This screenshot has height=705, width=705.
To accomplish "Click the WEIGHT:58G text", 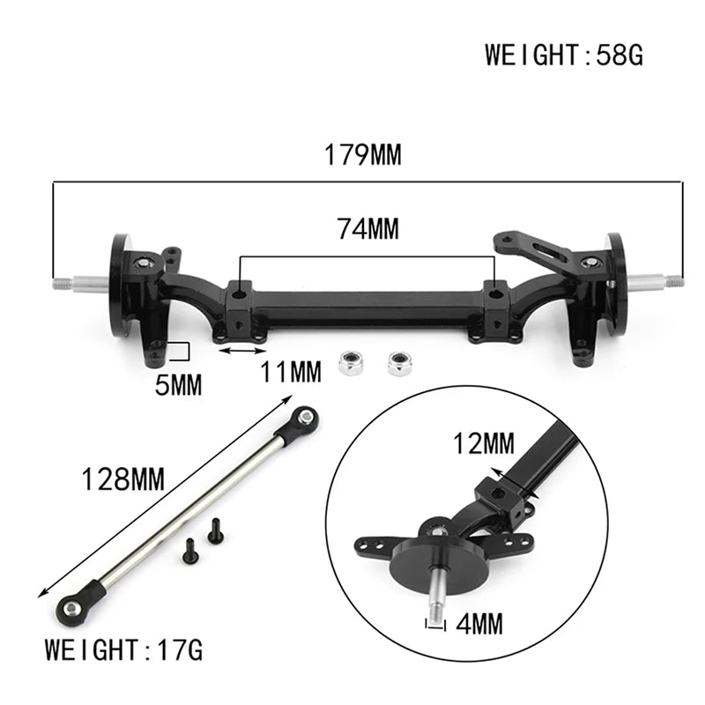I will [x=564, y=55].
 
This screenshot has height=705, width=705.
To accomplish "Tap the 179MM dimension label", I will [x=362, y=156].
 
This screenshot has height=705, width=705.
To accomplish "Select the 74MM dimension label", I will [x=367, y=229].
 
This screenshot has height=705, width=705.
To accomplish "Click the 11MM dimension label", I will [x=291, y=373].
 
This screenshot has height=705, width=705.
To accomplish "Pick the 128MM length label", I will [x=122, y=480].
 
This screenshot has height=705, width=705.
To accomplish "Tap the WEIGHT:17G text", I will [x=124, y=651].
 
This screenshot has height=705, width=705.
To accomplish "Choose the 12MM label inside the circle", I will [x=484, y=444].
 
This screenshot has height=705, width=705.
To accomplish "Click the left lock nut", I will [x=352, y=362].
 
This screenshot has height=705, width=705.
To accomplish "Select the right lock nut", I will [x=400, y=361].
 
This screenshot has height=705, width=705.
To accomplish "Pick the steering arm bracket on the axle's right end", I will [x=538, y=251].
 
